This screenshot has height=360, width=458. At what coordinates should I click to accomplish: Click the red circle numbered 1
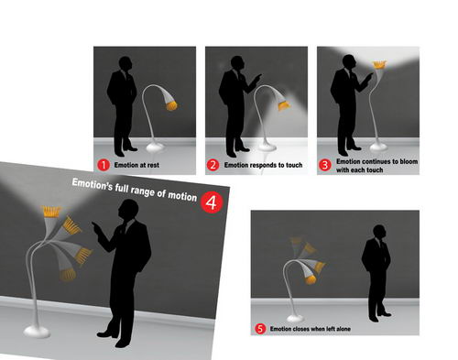pyautogui.click(x=104, y=165)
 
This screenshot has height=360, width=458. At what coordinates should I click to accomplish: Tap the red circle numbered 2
pyautogui.click(x=213, y=165)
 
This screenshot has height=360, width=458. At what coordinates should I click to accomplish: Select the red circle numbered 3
pyautogui.click(x=324, y=165)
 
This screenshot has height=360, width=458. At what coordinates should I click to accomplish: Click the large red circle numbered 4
pyautogui.click(x=212, y=202)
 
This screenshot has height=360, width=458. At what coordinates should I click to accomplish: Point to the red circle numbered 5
pyautogui.click(x=260, y=329)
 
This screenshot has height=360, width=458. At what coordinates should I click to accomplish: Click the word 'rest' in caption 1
pyautogui.click(x=153, y=165)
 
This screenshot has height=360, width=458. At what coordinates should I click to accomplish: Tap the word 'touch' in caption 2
pyautogui.click(x=294, y=165)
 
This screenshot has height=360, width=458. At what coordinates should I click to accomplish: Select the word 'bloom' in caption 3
pyautogui.click(x=409, y=161)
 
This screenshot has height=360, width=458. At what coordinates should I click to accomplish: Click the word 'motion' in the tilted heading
pyautogui.click(x=182, y=196)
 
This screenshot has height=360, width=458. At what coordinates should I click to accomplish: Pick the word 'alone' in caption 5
pyautogui.click(x=343, y=329)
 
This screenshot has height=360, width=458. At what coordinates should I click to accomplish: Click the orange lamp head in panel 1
pyautogui.click(x=171, y=105)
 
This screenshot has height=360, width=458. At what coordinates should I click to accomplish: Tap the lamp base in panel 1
pyautogui.click(x=155, y=147)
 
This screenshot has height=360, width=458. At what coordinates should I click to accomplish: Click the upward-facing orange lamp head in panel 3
pyautogui.click(x=379, y=65)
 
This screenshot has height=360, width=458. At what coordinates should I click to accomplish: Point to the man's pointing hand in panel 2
pyautogui.click(x=256, y=77)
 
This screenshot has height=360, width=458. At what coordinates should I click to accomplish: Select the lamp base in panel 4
pyautogui.click(x=37, y=332)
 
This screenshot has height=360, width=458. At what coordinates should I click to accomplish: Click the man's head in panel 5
pyautogui.click(x=379, y=233)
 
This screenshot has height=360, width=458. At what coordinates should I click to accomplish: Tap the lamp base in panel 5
pyautogui.click(x=295, y=319)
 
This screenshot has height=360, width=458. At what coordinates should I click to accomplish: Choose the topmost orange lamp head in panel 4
pyautogui.click(x=51, y=212)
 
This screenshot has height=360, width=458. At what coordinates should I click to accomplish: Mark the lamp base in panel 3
pyautogui.click(x=378, y=147)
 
